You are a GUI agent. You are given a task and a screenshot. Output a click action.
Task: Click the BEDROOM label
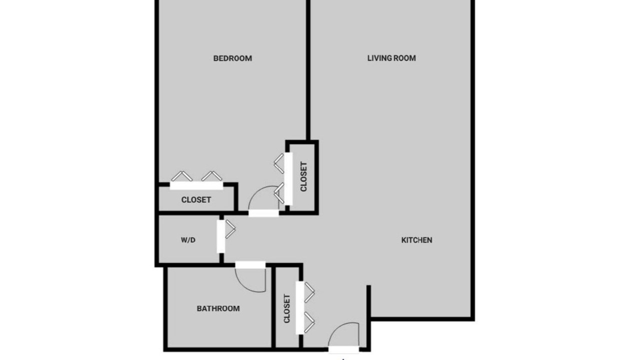coord(232,58)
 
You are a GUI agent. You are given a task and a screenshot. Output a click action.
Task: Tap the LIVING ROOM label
coord(391,58)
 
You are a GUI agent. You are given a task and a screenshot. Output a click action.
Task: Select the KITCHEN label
coord(416,240)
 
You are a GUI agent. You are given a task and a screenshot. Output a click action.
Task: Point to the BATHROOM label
coord(218,308)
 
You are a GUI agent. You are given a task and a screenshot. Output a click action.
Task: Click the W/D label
coord(188,240)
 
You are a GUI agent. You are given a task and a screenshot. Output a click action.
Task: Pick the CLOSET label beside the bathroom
coord(287,308)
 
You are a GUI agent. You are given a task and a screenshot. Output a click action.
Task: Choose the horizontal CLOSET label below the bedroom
coord(196,199)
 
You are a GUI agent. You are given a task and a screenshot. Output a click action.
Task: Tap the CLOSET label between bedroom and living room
coord(303,176)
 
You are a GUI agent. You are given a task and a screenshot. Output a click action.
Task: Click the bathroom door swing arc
coord(243,285)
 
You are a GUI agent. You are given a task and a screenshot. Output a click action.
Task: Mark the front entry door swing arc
coord(334,329)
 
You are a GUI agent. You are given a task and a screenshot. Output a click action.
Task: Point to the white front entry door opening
coord(343,349)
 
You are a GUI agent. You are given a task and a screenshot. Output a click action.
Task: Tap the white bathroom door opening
coord(250,265)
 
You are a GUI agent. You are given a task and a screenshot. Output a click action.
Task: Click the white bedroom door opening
coord(263,213)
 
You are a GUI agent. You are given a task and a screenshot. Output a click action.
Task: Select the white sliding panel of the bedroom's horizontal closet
coord(196,185)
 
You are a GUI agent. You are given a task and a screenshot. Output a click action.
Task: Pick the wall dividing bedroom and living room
coord(308,70)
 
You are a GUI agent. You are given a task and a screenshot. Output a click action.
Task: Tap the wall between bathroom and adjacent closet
coord(273,307)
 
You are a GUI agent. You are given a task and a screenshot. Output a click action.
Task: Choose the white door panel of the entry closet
coord(299,307)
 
